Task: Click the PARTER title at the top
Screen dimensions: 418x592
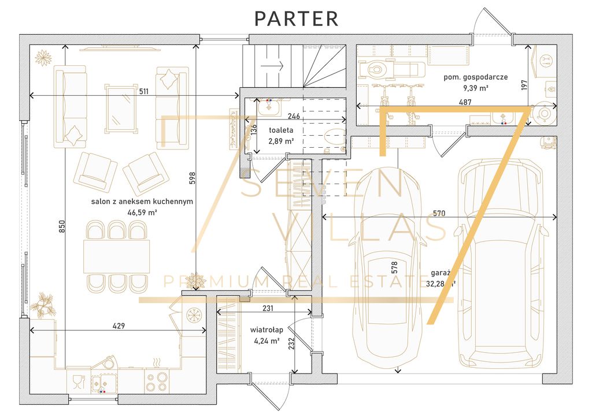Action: pos(297,18)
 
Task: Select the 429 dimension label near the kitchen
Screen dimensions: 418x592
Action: pos(119,326)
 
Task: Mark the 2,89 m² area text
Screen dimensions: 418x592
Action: pos(280,141)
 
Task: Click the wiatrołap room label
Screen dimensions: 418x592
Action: pos(267,330)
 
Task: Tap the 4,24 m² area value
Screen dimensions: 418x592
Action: pos(267,341)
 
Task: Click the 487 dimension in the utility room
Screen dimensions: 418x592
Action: pos(465,102)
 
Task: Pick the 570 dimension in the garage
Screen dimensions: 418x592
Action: pos(439,213)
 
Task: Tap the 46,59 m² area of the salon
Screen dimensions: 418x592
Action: pos(142,212)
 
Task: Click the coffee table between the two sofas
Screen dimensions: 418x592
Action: pos(121,107)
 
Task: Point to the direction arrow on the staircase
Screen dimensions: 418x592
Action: pos(272,65)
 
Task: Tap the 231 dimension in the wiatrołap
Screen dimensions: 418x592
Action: pos(268,309)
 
